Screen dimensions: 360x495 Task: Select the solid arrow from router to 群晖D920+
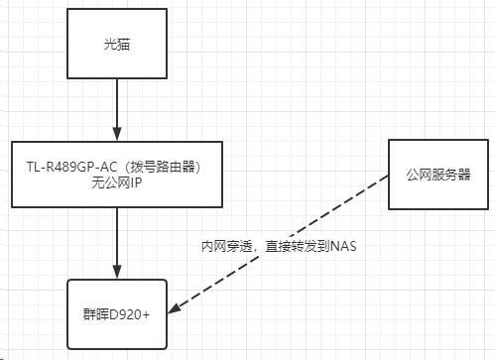117,242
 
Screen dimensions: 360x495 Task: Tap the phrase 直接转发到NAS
302,244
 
